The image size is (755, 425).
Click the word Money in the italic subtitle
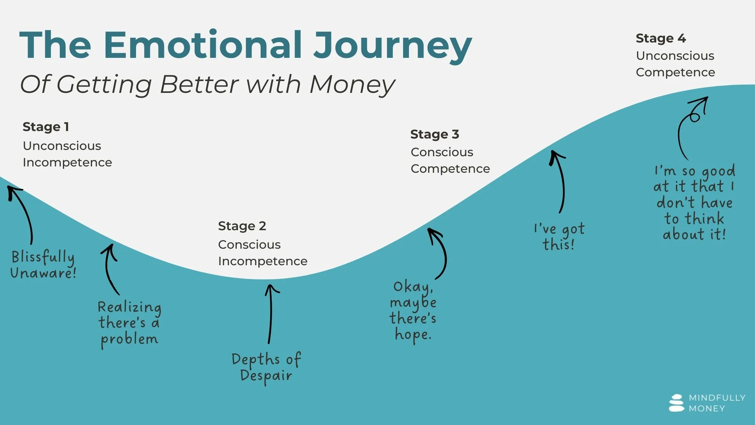coord(352,85)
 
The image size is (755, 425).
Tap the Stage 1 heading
coord(46,127)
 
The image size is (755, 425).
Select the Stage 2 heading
coord(242,226)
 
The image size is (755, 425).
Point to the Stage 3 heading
coord(435,134)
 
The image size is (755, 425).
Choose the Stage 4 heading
coord(661,38)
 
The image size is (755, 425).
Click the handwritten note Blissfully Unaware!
coord(43,264)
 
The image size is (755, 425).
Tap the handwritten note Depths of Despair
coord(266,367)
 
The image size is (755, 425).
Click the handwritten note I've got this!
coord(559,236)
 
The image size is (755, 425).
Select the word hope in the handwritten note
coord(412,334)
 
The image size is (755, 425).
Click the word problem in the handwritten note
coord(129,339)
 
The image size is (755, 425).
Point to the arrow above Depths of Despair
coord(271,313)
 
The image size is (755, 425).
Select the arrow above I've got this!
coord(560,181)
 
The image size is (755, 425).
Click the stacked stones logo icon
coord(676,403)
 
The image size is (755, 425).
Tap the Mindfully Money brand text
coord(716,403)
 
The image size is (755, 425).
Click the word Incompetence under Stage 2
coord(263,261)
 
